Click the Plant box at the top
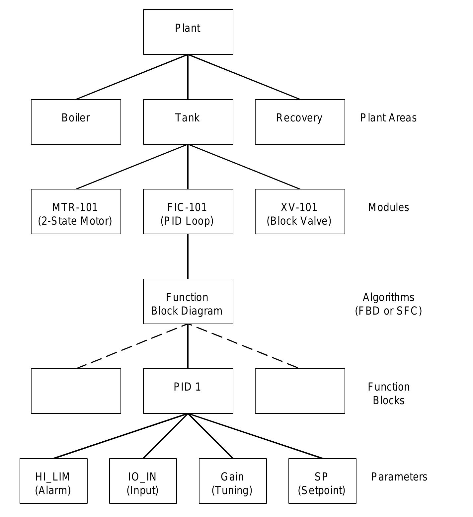point(188,32)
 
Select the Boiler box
point(76,122)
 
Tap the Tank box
point(188,122)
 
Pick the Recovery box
point(300,122)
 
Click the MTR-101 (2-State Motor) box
point(76,211)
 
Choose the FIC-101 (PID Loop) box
point(188,211)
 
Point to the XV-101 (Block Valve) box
point(300,211)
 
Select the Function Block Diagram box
point(188,301)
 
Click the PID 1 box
point(188,391)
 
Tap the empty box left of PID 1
point(76,391)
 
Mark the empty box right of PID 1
point(300,391)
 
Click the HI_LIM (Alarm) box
point(53,481)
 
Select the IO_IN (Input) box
point(143,481)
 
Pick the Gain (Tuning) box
point(233,481)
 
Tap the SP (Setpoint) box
point(322,481)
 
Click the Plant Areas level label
point(388,118)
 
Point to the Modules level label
point(388,207)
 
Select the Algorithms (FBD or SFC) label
point(388,304)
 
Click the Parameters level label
point(399,477)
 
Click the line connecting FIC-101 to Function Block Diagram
point(188,256)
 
